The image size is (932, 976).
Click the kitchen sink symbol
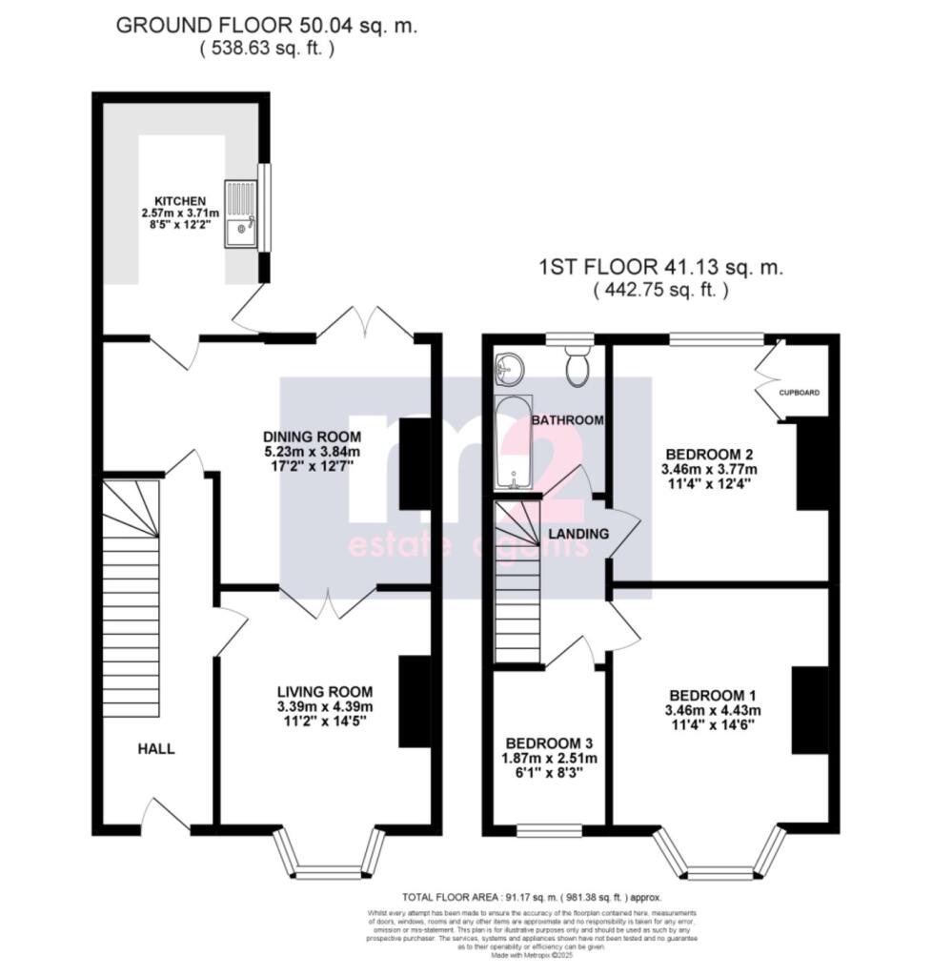[241, 214]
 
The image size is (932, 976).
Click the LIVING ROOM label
[324, 691]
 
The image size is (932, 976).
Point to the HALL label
[156, 749]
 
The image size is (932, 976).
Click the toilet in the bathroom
[577, 367]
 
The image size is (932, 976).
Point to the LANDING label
[578, 534]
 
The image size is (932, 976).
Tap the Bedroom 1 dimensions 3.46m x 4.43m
[714, 710]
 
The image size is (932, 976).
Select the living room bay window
[329, 855]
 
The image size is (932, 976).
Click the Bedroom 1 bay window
[719, 855]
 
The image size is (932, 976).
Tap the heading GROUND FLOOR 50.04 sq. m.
[266, 26]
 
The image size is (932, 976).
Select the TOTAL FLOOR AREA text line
[531, 897]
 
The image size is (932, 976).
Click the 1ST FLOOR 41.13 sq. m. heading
[660, 269]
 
